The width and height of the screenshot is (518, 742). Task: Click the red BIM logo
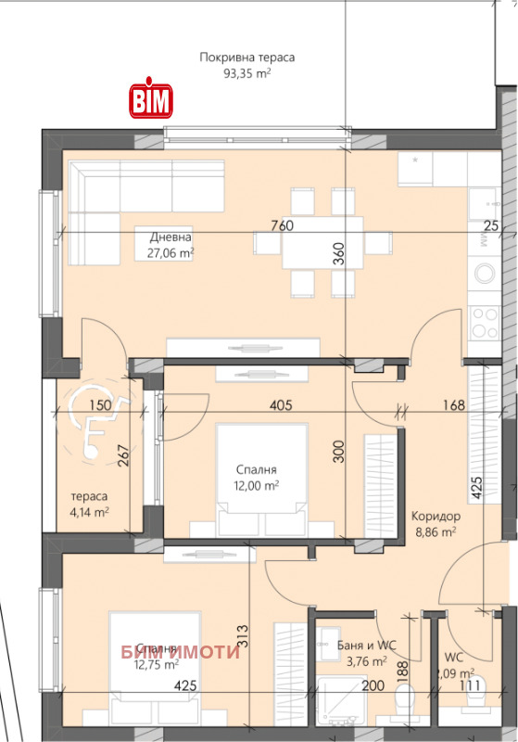coord(149,101)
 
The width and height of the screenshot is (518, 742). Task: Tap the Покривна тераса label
coord(246,58)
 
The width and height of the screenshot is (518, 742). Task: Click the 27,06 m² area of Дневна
coord(170,251)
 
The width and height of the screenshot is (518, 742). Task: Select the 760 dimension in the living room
coord(282,225)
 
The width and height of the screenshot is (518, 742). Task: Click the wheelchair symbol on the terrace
coord(94,432)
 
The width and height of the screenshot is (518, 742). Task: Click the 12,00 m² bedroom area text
coord(256,485)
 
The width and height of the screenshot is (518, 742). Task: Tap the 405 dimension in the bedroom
coord(282,405)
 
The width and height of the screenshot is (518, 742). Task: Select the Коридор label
coord(435,516)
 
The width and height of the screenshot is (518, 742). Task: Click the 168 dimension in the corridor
coord(452,405)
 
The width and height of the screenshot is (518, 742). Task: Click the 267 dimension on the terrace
coord(123,457)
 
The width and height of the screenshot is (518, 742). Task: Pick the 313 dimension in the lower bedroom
coord(243,634)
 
